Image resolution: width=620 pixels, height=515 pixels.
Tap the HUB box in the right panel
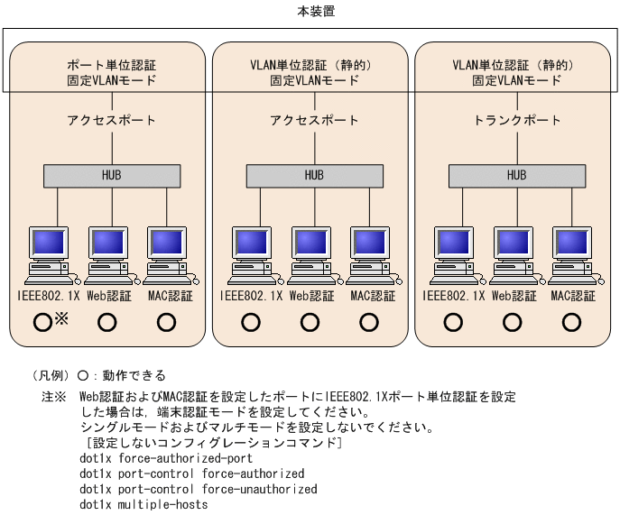pyautogui.click(x=516, y=175)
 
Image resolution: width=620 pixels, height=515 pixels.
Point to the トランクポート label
pyautogui.click(x=516, y=120)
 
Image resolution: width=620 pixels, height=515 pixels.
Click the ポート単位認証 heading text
pyautogui.click(x=111, y=65)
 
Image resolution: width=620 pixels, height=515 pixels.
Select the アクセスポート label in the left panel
pyautogui.click(x=111, y=120)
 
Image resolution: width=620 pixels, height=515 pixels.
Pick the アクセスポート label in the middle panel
pyautogui.click(x=313, y=120)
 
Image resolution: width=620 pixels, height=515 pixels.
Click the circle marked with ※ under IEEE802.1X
pyautogui.click(x=42, y=321)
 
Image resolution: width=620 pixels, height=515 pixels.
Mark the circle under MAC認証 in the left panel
pyautogui.click(x=166, y=321)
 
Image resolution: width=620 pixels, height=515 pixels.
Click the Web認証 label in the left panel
pyautogui.click(x=108, y=295)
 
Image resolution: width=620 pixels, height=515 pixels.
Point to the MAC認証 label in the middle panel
pyautogui.click(x=372, y=295)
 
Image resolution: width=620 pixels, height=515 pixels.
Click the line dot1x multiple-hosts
pyautogui.click(x=143, y=504)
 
